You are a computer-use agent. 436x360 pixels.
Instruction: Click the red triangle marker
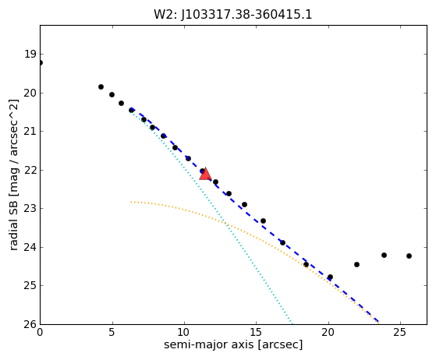205,174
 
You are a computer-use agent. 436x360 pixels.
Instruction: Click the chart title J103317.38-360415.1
246,15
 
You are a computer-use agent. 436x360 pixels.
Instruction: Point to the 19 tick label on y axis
30,55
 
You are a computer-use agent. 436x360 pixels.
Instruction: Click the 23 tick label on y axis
30,209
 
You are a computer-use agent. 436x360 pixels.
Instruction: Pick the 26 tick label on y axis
30,324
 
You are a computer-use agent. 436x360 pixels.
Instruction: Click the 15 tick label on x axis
256,332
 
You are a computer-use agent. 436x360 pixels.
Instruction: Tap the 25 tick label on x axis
400,332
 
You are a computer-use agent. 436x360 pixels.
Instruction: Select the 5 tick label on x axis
112,332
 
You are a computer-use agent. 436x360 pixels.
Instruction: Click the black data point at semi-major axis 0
41,63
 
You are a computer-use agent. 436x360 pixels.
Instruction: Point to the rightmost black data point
409,256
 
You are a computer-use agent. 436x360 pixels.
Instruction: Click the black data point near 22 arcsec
356,264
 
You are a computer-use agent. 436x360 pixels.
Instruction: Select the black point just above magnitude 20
101,87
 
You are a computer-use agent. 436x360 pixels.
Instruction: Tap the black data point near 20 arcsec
330,277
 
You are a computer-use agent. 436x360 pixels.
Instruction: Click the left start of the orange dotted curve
131,202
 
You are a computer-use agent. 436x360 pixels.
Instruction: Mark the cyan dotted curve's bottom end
292,323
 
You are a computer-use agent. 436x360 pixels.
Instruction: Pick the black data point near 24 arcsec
384,255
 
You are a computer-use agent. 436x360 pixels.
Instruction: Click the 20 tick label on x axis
328,332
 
